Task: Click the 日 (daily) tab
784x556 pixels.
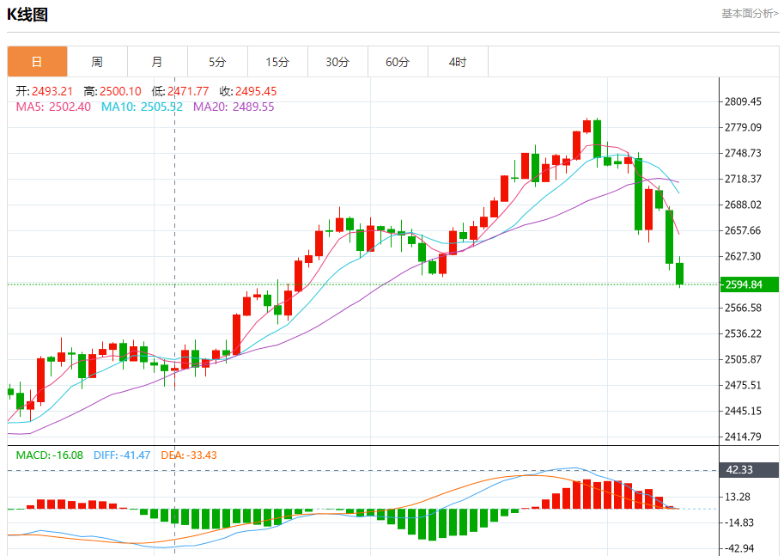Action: click(x=37, y=62)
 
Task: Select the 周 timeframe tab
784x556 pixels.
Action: click(x=97, y=62)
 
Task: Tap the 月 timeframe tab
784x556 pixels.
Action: click(x=157, y=62)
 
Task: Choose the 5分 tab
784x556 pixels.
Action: click(x=217, y=62)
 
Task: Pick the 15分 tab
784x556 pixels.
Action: click(x=277, y=62)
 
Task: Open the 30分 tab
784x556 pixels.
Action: click(x=337, y=62)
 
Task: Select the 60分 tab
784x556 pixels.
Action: click(x=398, y=62)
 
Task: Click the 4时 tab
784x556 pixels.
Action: click(x=458, y=62)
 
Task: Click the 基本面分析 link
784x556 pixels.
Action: click(x=750, y=14)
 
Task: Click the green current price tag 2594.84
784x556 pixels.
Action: click(x=749, y=284)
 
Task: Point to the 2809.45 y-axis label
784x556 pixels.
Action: click(x=744, y=101)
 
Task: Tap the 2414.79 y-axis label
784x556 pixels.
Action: click(x=744, y=437)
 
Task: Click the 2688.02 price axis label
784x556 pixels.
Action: click(x=744, y=205)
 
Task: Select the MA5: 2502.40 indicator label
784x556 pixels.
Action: click(x=53, y=107)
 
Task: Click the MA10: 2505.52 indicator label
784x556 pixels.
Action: click(x=142, y=107)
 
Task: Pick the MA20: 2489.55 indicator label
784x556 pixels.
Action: click(x=234, y=107)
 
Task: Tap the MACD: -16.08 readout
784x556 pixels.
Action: click(x=49, y=455)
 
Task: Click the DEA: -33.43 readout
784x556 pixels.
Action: click(x=188, y=455)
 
